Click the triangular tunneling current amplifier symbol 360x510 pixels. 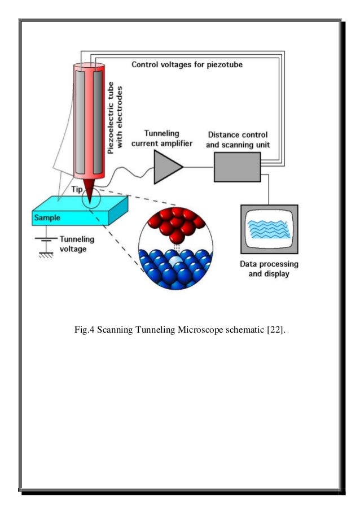point(166,168)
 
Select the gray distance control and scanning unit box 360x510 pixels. point(236,168)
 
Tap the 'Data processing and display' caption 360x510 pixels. point(270,269)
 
